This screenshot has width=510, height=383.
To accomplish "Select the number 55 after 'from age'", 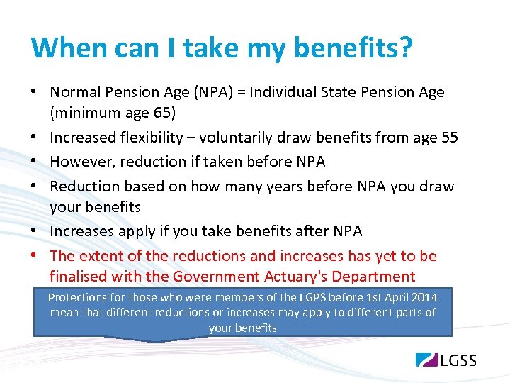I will [x=449, y=138].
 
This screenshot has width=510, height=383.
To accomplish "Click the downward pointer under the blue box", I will [x=154, y=339].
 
